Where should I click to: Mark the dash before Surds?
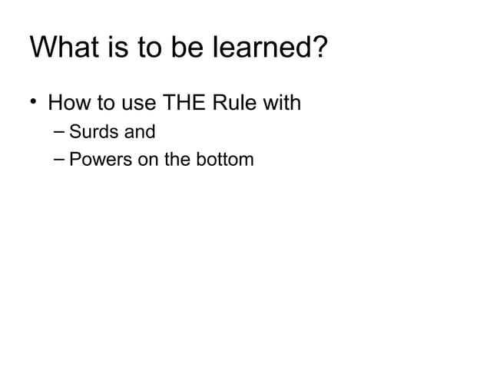(60, 131)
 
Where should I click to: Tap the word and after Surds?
(139, 131)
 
